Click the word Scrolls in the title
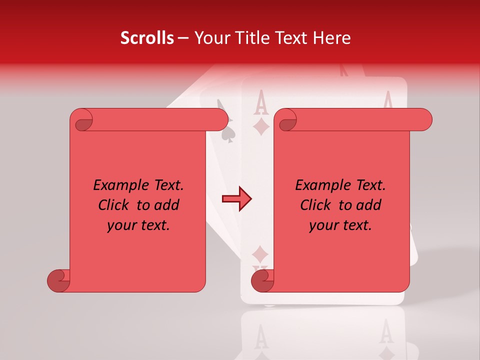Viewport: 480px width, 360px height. click(x=147, y=38)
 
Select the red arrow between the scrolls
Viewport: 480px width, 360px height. click(x=236, y=199)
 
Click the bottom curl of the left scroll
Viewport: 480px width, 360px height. click(x=59, y=280)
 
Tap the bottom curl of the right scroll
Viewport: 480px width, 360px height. click(x=262, y=280)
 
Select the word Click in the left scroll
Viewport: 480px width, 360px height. click(x=115, y=205)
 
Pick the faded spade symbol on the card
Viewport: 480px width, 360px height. click(x=228, y=134)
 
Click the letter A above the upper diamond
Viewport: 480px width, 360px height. click(x=260, y=104)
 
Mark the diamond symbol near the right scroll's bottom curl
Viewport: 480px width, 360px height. click(x=260, y=254)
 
